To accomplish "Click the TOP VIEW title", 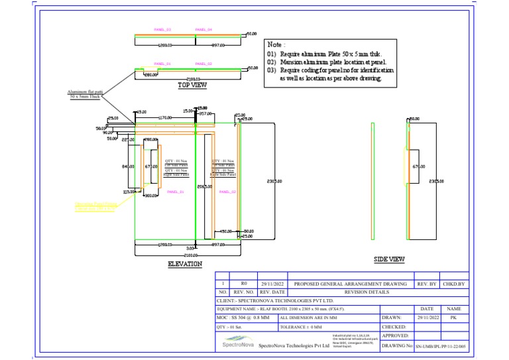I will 193,85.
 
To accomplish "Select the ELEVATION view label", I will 185,264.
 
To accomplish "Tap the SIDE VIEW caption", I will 389,259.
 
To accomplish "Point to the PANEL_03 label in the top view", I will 162,30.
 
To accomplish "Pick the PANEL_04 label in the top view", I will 203,30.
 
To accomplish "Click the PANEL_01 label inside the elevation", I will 176,192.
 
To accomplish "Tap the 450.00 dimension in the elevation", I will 226,231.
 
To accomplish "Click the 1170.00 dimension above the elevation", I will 165,117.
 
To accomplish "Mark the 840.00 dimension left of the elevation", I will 129,166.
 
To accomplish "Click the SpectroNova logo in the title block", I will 237,341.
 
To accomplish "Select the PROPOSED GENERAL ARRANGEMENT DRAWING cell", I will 351,282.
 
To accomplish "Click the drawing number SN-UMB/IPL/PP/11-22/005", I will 441,346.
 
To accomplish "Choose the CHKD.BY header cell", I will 454,282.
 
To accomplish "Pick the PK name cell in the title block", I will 454,318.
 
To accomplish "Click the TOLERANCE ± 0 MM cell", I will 302,327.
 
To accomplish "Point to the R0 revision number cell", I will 243,282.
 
